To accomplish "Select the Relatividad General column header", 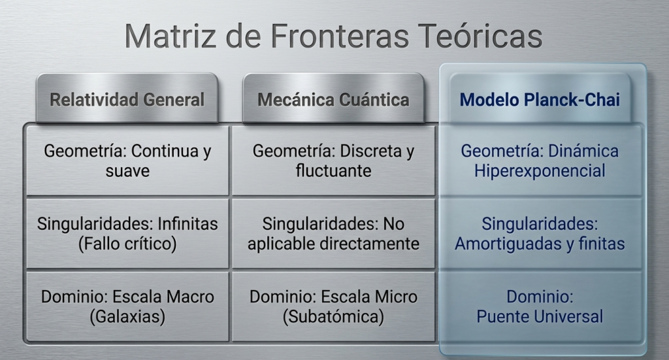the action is click(127, 99).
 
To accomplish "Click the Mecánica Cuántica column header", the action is click(333, 99).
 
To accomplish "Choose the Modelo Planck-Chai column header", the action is click(540, 99).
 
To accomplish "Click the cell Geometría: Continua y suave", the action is click(127, 161).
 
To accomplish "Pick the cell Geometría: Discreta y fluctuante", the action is click(333, 161).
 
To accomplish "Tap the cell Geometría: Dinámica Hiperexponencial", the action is click(540, 161).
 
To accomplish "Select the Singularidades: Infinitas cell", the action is click(127, 234).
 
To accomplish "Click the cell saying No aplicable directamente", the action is click(333, 234).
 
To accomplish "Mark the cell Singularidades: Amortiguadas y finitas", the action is click(540, 234).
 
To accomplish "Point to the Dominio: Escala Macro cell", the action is click(127, 306).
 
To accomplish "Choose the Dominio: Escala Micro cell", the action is click(333, 306).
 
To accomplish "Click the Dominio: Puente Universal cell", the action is click(540, 306).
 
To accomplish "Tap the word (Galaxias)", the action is click(127, 317).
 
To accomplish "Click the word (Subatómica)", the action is click(333, 317).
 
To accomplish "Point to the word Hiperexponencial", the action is click(540, 171).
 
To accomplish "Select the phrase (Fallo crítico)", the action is click(127, 244).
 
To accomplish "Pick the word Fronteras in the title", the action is click(340, 36).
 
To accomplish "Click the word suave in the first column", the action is click(127, 171).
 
